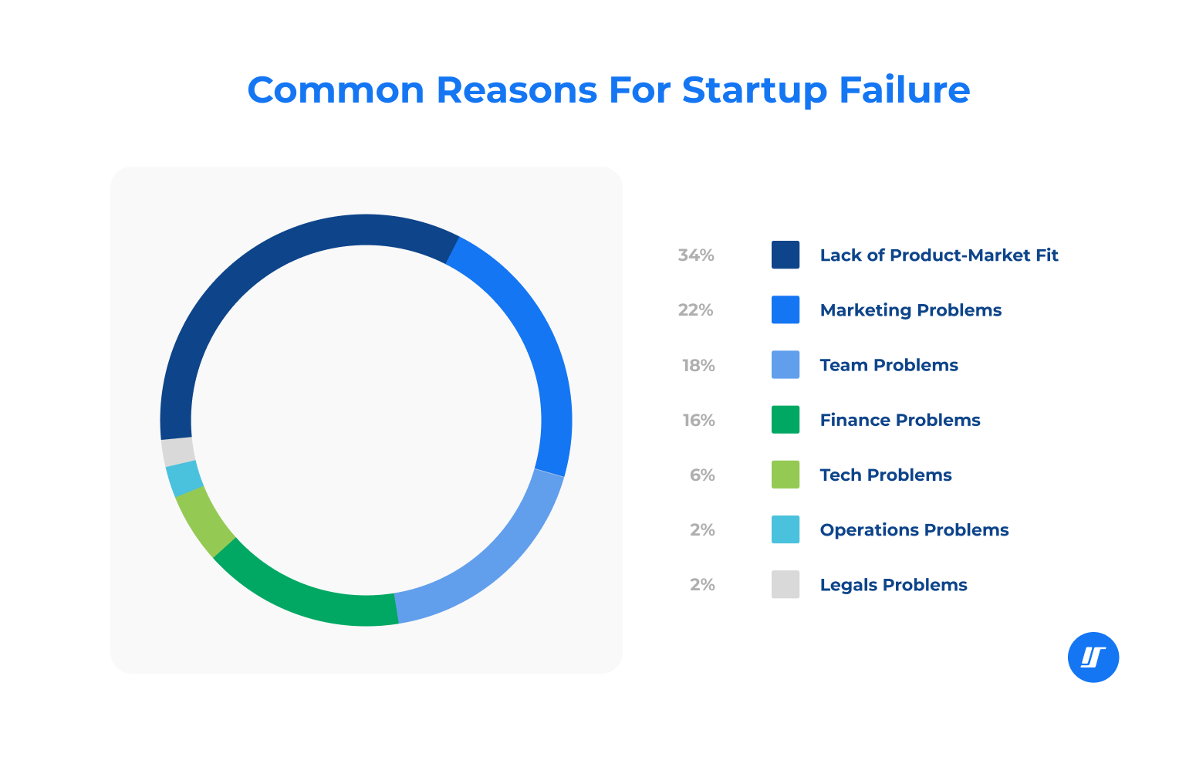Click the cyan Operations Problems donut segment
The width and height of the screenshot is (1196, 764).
[184, 478]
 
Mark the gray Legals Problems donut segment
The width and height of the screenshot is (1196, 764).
[177, 451]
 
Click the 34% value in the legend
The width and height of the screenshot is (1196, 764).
[696, 255]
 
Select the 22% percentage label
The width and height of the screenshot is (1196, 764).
[696, 310]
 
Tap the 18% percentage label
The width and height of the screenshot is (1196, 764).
[698, 365]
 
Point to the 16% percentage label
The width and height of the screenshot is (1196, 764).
[698, 421]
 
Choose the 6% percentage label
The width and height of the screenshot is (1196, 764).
[702, 475]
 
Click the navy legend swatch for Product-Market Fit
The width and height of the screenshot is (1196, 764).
[786, 255]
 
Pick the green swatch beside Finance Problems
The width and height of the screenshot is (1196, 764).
[786, 420]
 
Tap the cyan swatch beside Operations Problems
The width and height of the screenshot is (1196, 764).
[786, 529]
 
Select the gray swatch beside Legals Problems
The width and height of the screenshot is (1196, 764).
[786, 584]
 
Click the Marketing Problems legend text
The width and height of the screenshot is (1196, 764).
[911, 310]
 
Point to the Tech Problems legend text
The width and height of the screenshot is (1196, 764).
[886, 475]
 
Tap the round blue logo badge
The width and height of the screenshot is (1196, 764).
[1093, 658]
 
